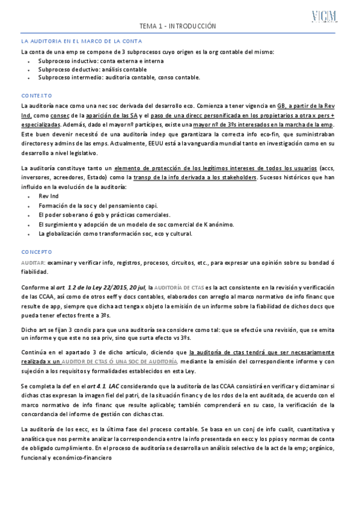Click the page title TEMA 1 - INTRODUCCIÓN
tap(177, 26)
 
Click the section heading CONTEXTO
tap(37, 96)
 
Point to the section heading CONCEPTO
tap(37, 251)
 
